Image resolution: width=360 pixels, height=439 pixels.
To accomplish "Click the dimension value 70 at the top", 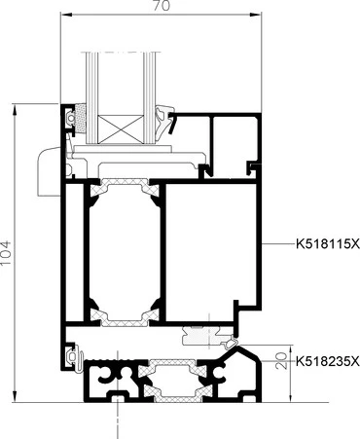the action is (162, 6).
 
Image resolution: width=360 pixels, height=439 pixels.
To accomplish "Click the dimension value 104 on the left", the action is (6, 253).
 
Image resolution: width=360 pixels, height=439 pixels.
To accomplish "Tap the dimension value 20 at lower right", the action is (282, 360).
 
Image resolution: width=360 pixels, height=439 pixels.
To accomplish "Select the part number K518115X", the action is (328, 243).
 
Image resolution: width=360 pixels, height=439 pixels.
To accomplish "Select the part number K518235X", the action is (328, 361).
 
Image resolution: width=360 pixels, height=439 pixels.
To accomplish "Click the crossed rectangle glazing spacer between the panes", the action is (120, 129).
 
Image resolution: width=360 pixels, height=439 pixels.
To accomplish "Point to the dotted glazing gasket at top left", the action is (80, 119).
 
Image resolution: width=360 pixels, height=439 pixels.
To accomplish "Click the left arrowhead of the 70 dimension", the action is (65, 15).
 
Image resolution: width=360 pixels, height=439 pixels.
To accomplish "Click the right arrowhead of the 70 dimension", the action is (257, 15).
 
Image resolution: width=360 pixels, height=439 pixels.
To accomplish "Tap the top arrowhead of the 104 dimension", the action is (15, 109).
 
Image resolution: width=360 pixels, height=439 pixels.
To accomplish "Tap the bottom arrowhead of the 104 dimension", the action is (15, 397).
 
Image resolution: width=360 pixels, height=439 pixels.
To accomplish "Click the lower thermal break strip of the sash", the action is (125, 317).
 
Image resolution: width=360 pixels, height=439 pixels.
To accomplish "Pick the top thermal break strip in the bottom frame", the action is (172, 367).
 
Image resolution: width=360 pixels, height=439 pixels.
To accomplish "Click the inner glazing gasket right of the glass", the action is (164, 119).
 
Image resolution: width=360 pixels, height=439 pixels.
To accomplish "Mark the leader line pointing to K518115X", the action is (278, 243).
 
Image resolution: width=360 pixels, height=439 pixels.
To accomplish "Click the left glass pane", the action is (92, 97).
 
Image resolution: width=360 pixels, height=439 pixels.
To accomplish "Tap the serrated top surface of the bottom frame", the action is (115, 361).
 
